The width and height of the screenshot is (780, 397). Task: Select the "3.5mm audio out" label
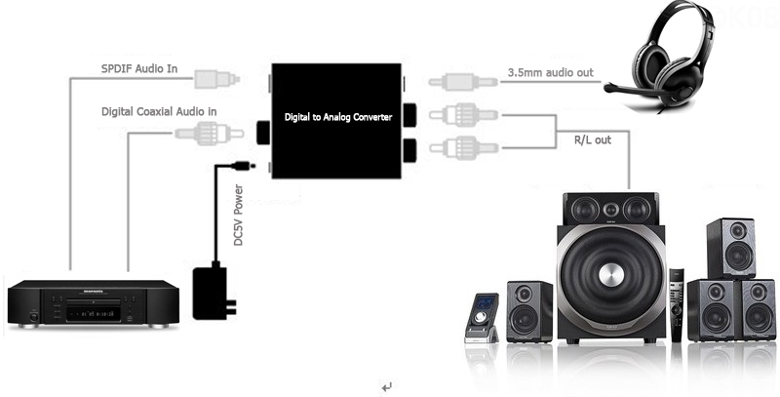(550, 72)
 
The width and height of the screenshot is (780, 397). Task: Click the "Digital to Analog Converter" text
(337, 117)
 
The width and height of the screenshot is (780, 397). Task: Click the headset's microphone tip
(609, 89)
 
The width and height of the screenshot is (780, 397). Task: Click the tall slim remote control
(676, 302)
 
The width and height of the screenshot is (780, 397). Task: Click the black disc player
(94, 302)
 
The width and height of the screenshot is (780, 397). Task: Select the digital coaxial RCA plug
(207, 131)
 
